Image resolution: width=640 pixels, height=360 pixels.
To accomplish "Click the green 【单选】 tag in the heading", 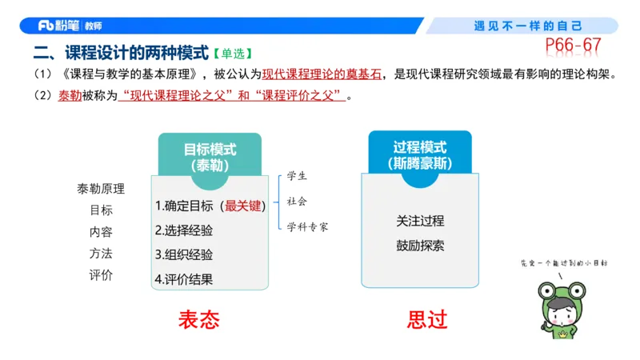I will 233,54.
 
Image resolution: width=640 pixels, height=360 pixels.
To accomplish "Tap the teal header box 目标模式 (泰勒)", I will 210,155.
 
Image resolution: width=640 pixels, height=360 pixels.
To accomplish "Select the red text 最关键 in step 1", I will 243,206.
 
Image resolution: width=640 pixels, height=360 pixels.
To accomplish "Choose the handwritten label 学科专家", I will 308,226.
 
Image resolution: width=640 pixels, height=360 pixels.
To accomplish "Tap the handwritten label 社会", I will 297,201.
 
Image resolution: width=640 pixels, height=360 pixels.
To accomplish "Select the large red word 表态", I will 198,319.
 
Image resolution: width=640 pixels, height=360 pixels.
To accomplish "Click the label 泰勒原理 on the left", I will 101,189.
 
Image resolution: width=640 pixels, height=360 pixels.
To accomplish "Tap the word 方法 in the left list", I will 101,254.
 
